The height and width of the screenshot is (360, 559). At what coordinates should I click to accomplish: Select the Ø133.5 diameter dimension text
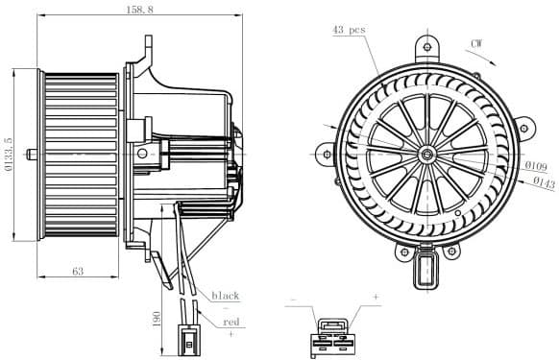point(10,154)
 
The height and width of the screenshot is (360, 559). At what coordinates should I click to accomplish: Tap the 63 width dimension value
point(77,272)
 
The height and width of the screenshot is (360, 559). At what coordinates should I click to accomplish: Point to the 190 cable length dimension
point(157,319)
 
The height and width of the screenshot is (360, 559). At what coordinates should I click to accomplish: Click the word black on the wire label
point(225,296)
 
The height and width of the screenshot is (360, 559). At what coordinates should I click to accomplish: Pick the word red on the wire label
point(231,323)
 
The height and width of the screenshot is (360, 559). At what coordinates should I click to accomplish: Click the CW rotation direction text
point(477,43)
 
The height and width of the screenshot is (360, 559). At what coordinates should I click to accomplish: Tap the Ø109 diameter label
point(536,165)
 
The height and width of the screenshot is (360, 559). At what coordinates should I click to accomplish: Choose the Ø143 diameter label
point(543,180)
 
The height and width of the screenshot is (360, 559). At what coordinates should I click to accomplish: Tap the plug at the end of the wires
point(190,340)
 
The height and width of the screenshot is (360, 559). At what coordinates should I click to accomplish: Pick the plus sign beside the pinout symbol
point(376,299)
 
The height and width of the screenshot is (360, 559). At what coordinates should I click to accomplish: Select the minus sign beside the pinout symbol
point(294,299)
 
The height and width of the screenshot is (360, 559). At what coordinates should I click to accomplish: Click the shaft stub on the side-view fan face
point(33,154)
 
